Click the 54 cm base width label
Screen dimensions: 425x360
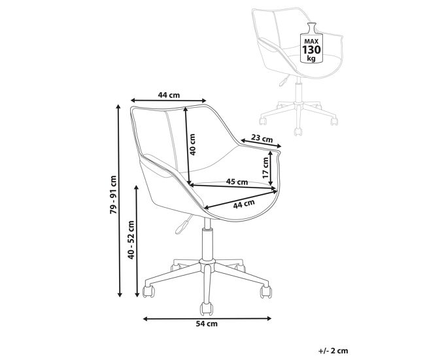[207, 323]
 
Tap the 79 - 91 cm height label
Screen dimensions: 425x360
[113, 195]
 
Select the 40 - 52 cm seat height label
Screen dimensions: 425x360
[131, 240]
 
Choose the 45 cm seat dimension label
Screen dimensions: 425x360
[237, 182]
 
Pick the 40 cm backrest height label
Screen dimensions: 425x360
[192, 144]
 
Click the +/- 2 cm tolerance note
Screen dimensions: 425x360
[333, 351]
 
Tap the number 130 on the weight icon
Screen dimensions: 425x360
[311, 50]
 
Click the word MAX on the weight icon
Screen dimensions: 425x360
[311, 41]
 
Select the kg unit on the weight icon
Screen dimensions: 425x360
[311, 58]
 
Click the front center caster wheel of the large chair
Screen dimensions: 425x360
[206, 309]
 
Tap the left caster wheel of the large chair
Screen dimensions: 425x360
[148, 291]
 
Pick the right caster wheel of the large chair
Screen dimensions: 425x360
[266, 292]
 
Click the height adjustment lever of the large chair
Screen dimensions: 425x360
[184, 224]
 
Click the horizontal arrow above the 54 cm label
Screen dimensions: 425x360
[207, 319]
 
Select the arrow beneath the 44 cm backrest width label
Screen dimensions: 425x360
[169, 101]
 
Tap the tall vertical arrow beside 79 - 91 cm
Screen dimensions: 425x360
[118, 201]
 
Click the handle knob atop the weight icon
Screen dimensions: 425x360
[311, 27]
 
